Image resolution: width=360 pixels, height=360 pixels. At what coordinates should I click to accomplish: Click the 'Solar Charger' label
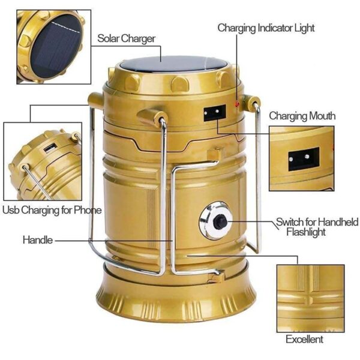[x=126, y=38]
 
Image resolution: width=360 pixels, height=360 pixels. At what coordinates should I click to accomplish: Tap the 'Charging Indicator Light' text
[x=265, y=28]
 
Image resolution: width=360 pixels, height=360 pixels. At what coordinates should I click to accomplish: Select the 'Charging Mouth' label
[x=302, y=116]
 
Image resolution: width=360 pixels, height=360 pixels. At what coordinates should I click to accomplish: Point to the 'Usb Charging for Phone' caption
[x=52, y=210]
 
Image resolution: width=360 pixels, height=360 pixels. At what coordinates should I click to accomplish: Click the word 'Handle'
[x=38, y=240]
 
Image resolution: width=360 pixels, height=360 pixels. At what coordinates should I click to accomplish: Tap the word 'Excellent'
[x=304, y=339]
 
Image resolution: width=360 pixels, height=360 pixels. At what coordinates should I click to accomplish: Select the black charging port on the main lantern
[x=214, y=113]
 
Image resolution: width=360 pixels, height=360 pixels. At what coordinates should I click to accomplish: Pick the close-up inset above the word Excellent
[x=310, y=298]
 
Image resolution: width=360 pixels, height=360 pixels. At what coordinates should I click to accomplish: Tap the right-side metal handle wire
[x=259, y=180]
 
